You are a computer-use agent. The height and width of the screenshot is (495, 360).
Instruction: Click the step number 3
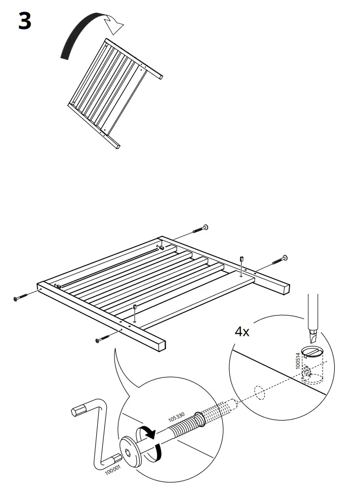click(25, 21)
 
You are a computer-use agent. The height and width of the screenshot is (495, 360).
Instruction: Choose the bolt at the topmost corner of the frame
click(199, 230)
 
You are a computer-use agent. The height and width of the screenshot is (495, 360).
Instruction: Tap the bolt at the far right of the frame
click(279, 260)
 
